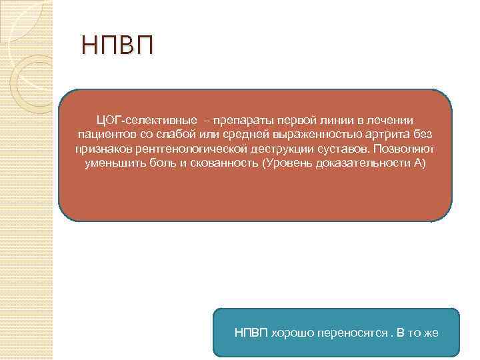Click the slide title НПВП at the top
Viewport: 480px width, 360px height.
click(x=117, y=46)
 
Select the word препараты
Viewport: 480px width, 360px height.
click(x=241, y=119)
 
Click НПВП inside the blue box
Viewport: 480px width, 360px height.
click(x=251, y=332)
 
